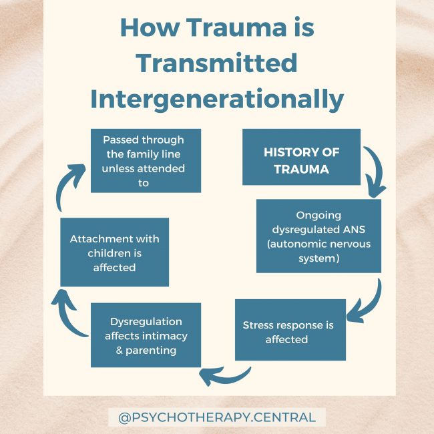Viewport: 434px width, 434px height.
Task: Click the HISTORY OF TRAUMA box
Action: tap(301, 161)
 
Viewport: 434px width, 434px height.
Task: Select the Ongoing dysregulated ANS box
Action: tap(318, 236)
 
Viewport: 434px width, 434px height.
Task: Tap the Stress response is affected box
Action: tap(290, 332)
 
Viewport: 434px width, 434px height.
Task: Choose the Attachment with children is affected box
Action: tap(114, 252)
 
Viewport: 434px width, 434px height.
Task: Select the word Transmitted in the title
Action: tap(216, 63)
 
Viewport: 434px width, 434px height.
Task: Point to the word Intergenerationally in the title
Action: tap(217, 99)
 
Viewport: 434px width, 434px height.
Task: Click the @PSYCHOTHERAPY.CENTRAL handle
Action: tap(217, 418)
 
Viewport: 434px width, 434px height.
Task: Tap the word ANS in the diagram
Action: tap(357, 229)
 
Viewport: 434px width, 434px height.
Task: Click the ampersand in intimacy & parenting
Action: tap(120, 351)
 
